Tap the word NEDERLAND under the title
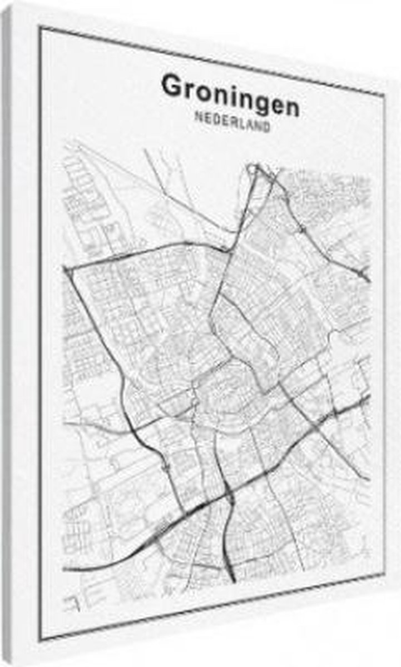pyautogui.click(x=233, y=122)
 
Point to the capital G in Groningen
pyautogui.click(x=172, y=86)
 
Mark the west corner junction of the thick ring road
pyautogui.click(x=67, y=270)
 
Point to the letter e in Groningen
pyautogui.click(x=275, y=105)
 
